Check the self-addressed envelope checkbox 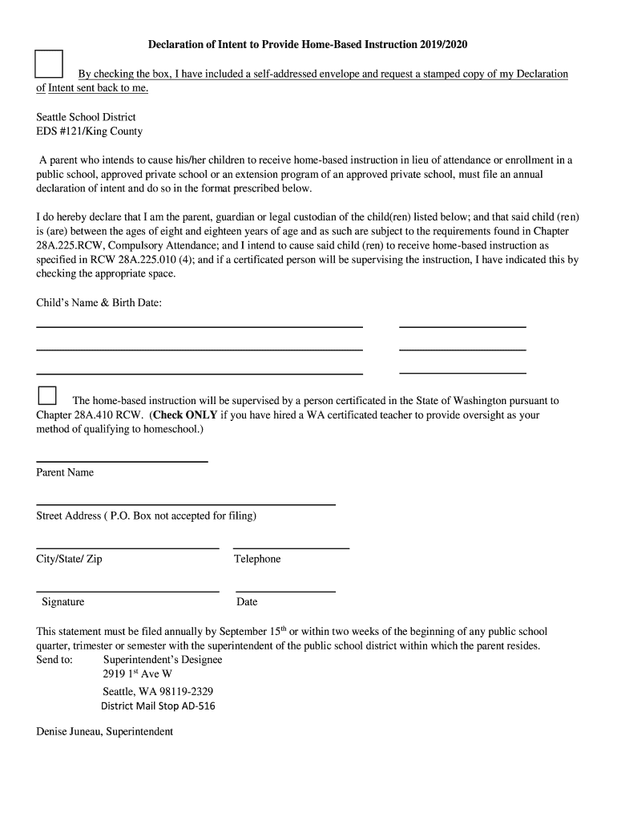pos(50,63)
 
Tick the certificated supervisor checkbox pos(47,395)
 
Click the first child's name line pos(200,326)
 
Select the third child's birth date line pos(462,373)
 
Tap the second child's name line pos(200,350)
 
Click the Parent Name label pos(65,472)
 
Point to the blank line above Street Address pos(185,504)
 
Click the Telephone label pos(257,559)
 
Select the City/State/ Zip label pos(69,559)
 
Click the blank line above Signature pos(127,591)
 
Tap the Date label pos(247,602)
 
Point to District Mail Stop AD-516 pos(158,706)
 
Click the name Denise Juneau pos(68,732)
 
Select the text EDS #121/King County pos(89,131)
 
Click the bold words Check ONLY pos(185,415)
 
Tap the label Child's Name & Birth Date pos(99,303)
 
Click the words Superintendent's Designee pos(163,660)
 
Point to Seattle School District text pos(86,117)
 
